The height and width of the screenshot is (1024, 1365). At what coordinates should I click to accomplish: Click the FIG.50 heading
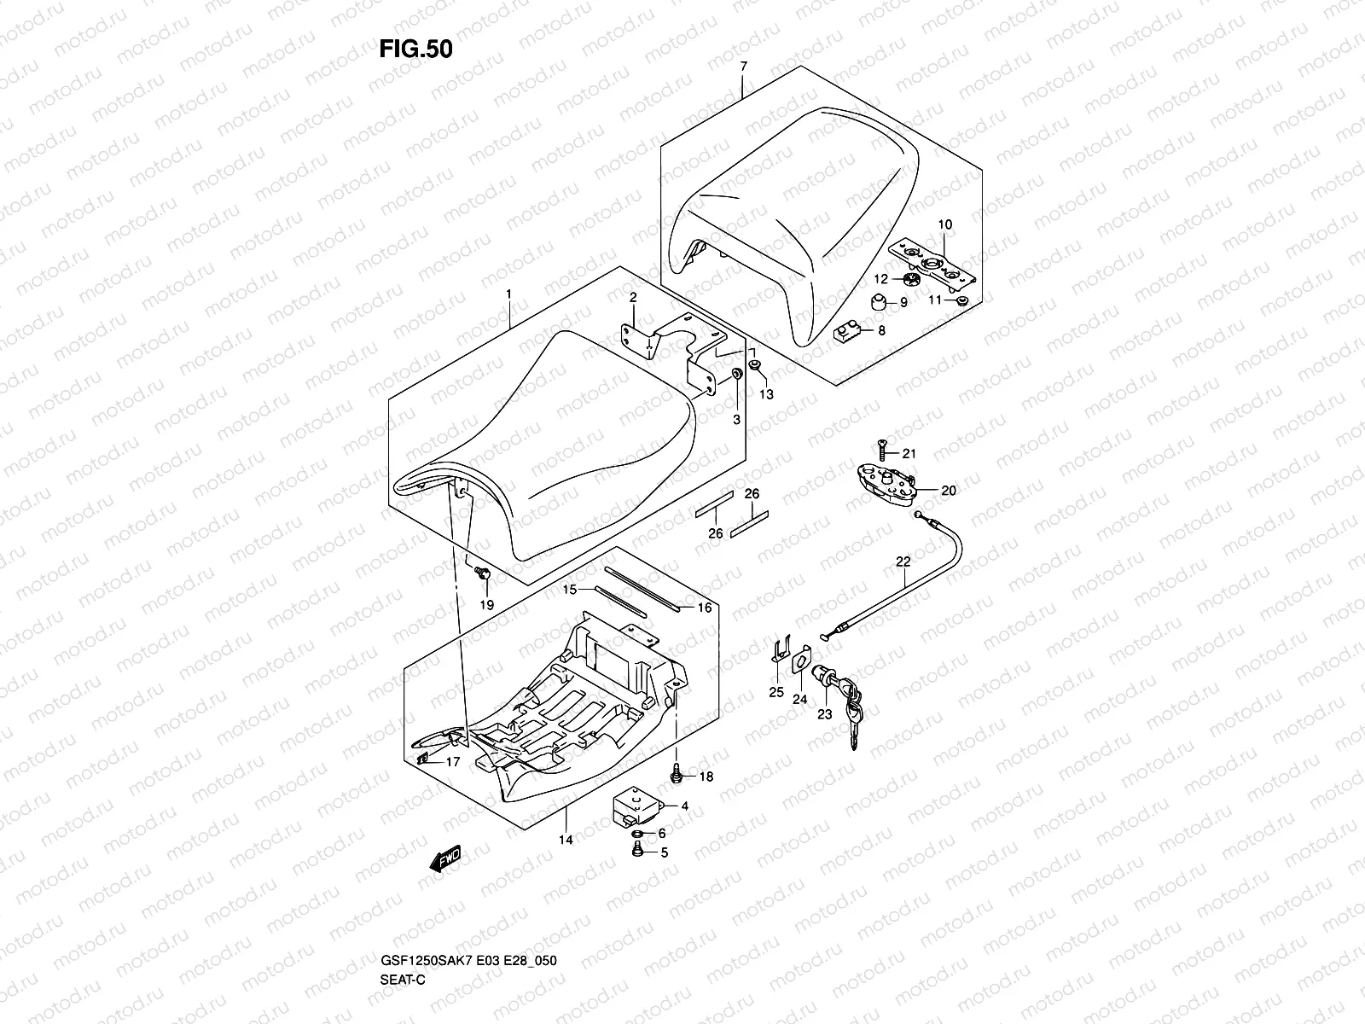point(416,49)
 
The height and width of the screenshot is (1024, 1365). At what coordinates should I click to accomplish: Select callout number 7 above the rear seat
point(743,66)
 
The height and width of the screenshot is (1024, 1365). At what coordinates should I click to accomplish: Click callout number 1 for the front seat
point(508,294)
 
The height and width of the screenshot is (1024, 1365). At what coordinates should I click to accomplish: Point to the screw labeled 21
point(882,450)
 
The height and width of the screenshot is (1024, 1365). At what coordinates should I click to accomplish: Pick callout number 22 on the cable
point(903,562)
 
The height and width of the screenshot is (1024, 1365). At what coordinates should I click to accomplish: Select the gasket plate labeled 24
point(802,660)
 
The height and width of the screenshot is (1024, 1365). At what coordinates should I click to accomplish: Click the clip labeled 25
point(780,649)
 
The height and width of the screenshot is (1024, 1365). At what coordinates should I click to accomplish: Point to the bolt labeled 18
point(677,773)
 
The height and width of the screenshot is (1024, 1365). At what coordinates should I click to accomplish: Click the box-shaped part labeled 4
point(637,808)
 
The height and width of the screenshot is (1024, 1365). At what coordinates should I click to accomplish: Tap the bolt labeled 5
point(636,850)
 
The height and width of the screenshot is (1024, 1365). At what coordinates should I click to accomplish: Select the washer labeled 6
point(637,833)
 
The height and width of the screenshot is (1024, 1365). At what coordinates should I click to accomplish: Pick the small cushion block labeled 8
point(846,332)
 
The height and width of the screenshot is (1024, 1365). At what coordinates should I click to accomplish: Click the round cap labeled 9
point(880,302)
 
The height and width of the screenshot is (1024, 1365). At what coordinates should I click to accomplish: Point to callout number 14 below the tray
point(566,840)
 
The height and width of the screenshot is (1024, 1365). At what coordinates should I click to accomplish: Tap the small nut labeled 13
point(754,364)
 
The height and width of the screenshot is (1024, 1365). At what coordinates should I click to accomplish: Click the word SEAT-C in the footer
point(403,980)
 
